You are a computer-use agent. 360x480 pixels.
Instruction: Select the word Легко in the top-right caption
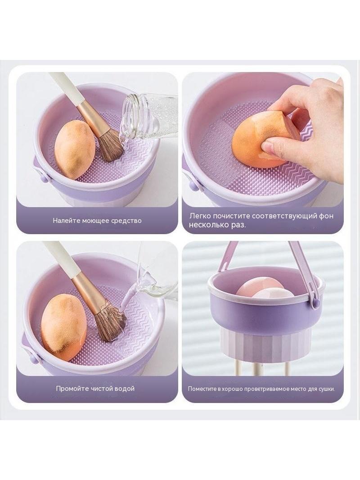[x=200, y=216]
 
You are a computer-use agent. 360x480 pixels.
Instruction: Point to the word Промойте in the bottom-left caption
[x=72, y=389]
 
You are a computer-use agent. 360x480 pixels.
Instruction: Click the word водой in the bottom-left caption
[x=124, y=389]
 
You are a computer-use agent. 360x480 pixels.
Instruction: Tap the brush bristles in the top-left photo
[x=110, y=145]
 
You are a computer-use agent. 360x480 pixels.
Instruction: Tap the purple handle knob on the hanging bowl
[x=317, y=303]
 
